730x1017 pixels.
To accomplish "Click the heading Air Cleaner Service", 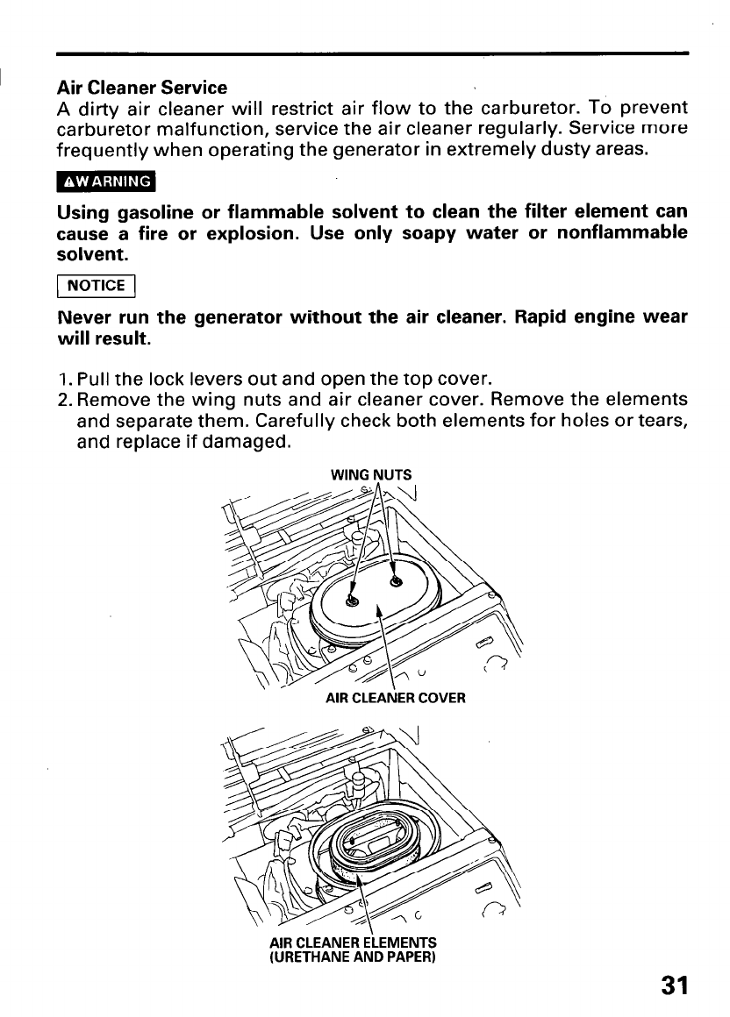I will pyautogui.click(x=141, y=88).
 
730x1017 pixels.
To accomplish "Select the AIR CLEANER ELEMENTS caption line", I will pyautogui.click(x=353, y=943).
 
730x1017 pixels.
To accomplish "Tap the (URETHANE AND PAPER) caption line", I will pyautogui.click(x=353, y=957).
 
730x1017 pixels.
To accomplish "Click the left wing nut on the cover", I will pyautogui.click(x=352, y=600).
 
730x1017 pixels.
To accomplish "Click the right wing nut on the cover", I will pyautogui.click(x=395, y=580).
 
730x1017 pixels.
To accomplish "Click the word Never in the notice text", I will pyautogui.click(x=82, y=316).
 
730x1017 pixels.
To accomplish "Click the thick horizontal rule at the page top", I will pyautogui.click(x=372, y=54).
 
